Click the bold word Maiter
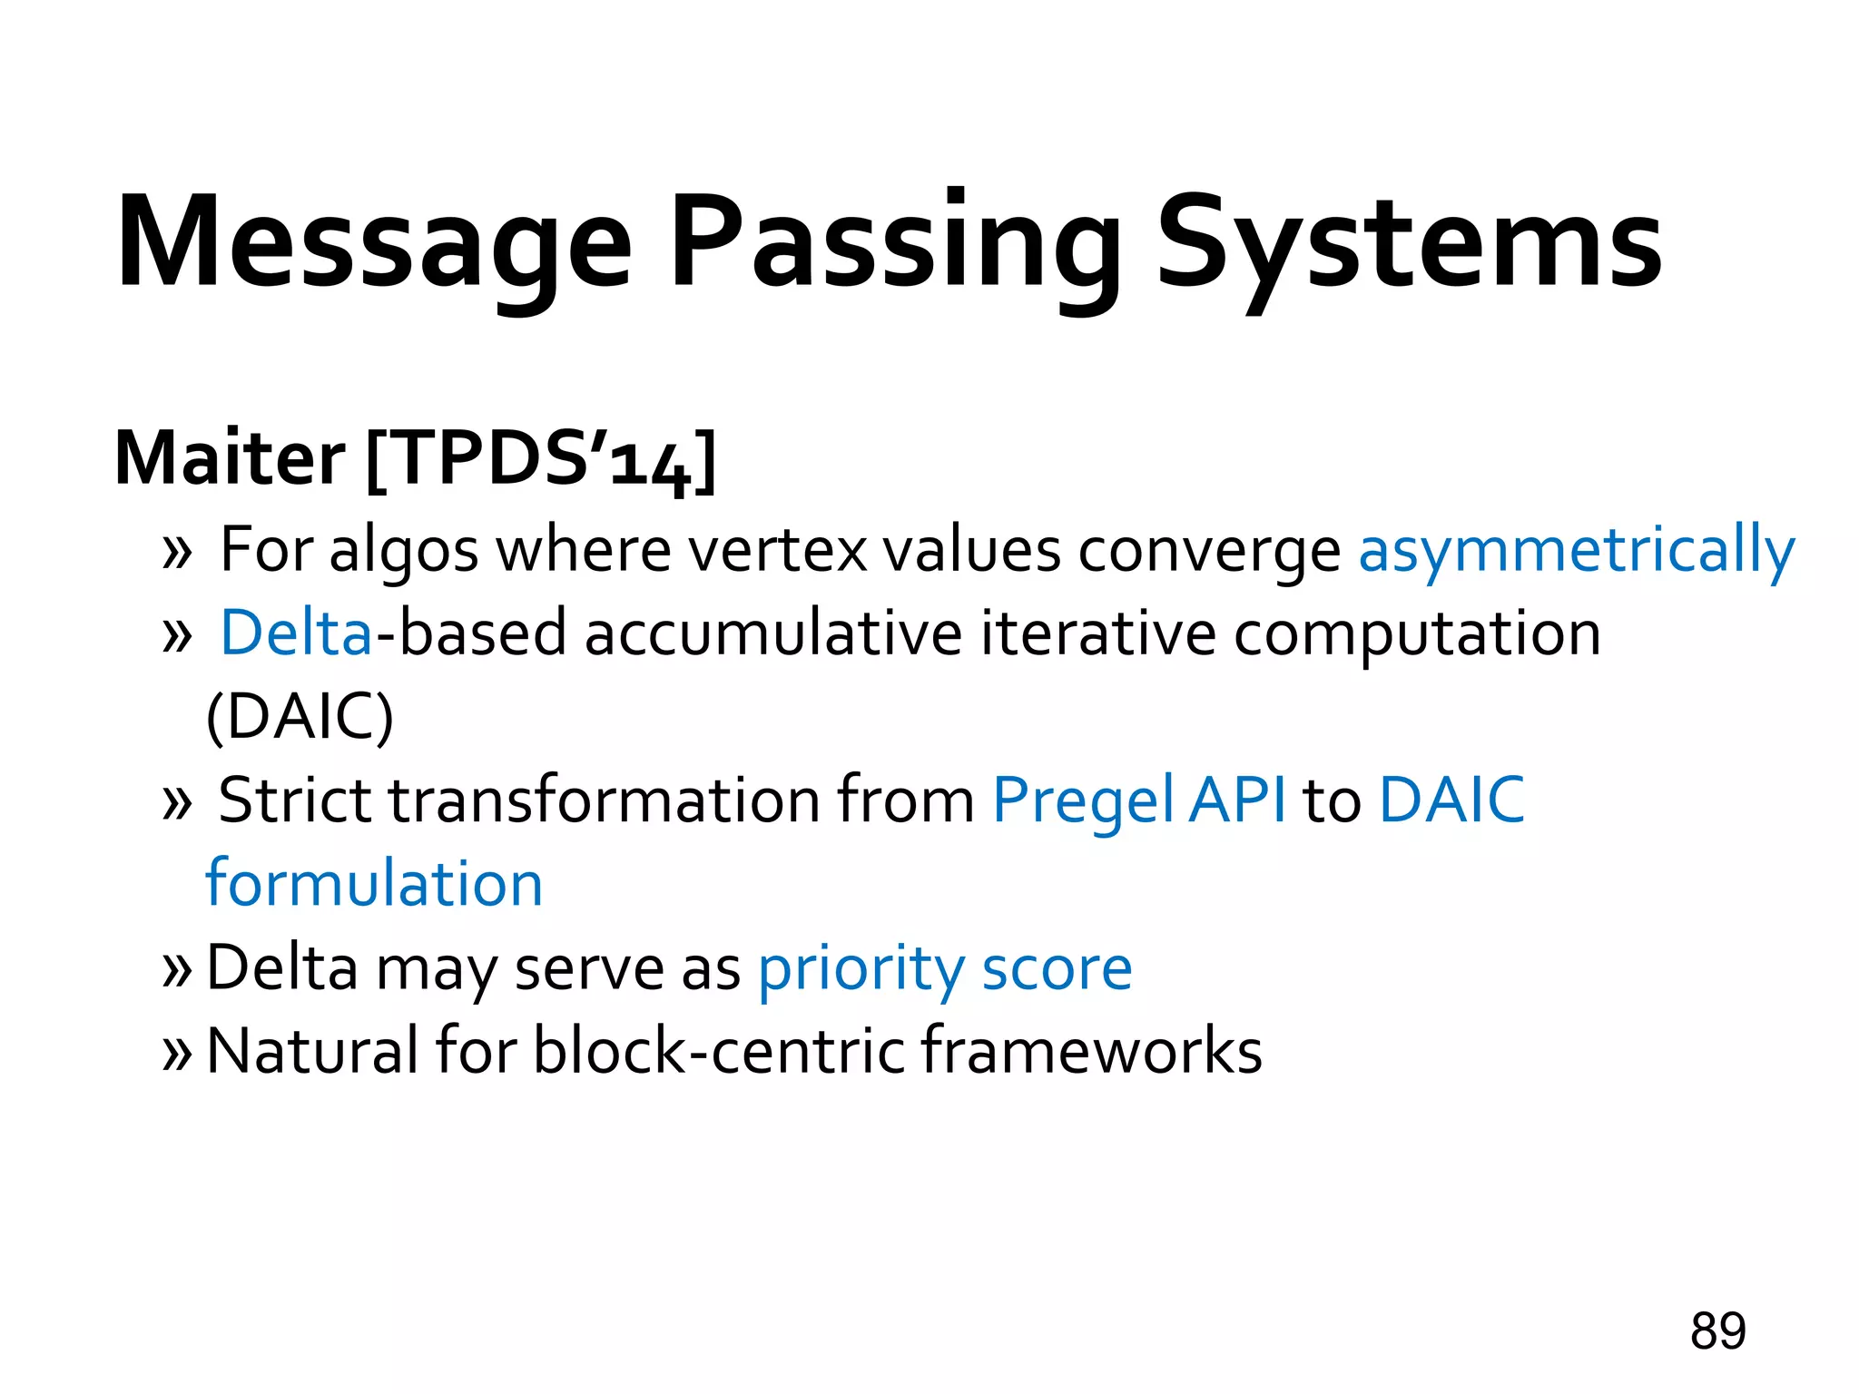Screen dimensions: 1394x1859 pos(230,458)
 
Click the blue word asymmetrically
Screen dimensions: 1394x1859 pos(1576,551)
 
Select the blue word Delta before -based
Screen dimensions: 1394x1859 pos(296,633)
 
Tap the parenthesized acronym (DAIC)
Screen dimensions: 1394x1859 pos(300,717)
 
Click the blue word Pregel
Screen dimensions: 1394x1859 pos(1082,801)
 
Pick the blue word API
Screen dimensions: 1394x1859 pos(1237,800)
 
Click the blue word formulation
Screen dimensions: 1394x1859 pos(374,883)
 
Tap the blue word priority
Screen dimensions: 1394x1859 pos(860,969)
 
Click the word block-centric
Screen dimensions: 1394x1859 pos(719,1051)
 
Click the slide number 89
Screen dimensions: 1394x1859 pos(1717,1331)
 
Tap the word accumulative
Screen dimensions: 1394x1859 pos(772,633)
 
